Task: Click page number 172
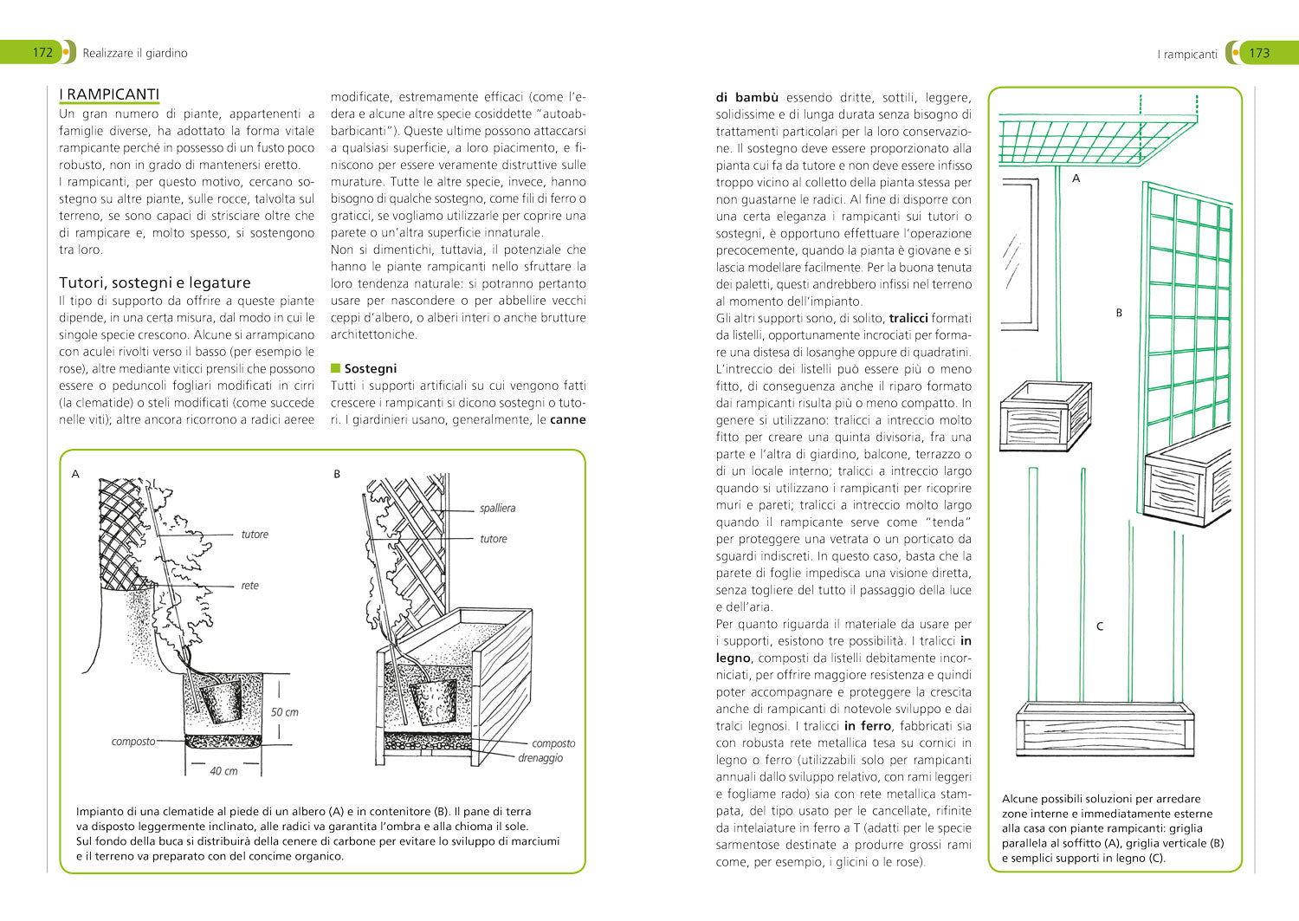(42, 52)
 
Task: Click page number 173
(1258, 53)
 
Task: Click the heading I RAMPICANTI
(109, 94)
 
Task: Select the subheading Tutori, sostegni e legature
(154, 282)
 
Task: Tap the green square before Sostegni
(336, 368)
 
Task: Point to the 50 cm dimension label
(284, 712)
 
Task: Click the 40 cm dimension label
(223, 770)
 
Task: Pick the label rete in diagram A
(249, 586)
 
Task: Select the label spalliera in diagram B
(497, 508)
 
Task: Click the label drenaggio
(540, 758)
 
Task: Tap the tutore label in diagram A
(255, 535)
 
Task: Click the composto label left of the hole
(133, 742)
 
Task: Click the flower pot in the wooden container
(432, 699)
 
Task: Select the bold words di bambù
(746, 97)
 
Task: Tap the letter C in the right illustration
(1100, 626)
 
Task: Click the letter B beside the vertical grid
(1118, 313)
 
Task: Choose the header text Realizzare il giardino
(135, 53)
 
